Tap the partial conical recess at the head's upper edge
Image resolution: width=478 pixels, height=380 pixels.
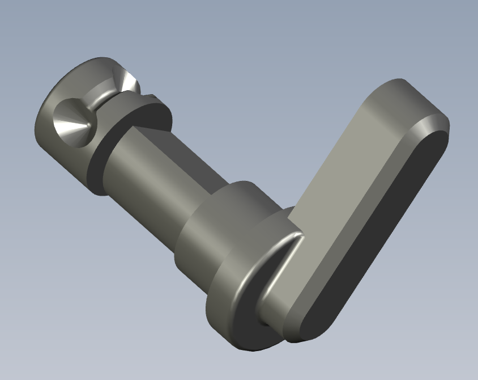[126, 82]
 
